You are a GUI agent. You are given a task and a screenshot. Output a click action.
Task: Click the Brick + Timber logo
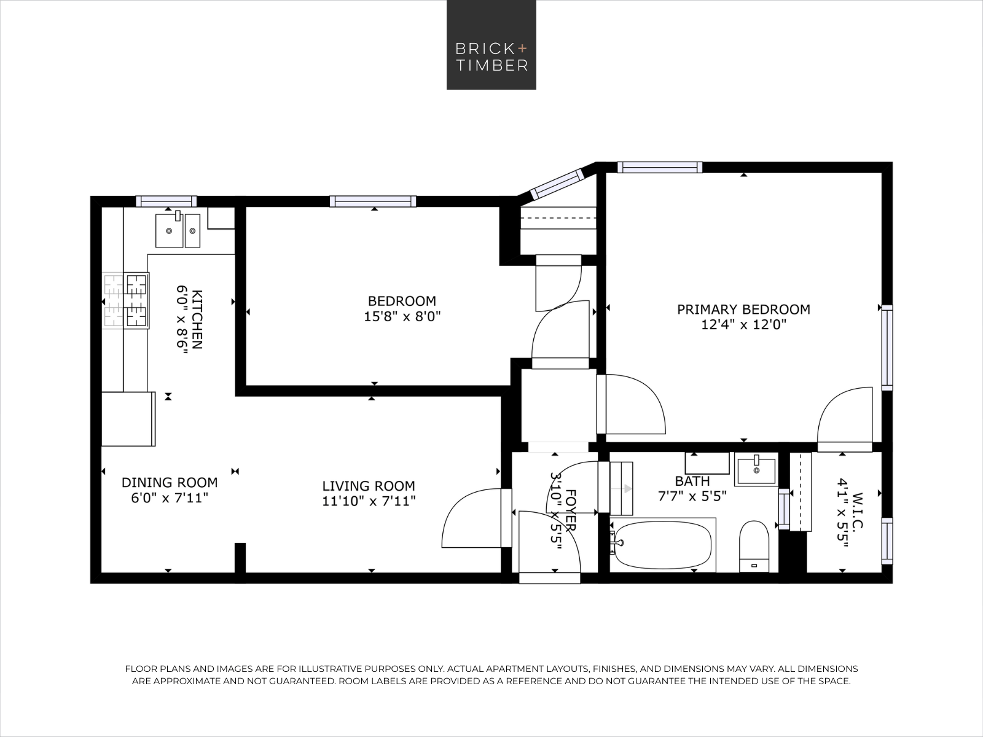point(491,45)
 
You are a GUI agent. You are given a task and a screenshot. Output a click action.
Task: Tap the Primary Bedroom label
point(743,310)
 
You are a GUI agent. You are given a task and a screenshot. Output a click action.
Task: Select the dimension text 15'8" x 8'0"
point(402,317)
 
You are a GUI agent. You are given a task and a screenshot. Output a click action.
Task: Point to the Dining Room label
point(170,482)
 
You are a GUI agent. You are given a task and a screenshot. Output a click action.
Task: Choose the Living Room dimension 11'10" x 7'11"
point(369,501)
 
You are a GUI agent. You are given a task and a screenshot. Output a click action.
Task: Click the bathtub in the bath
point(663,545)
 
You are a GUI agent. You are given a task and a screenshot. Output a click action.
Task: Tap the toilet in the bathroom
point(754,547)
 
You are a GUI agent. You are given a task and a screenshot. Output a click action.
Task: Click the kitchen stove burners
point(126,301)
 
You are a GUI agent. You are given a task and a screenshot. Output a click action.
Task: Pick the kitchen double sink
point(178,230)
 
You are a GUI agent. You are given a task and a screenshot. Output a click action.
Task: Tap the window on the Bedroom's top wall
point(373,201)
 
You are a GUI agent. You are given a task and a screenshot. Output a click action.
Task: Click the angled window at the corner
point(558,184)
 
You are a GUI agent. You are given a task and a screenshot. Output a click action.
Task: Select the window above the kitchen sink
point(166,201)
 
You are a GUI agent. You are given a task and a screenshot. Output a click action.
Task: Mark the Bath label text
point(692,481)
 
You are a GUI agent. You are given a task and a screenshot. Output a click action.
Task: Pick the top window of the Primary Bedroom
point(660,167)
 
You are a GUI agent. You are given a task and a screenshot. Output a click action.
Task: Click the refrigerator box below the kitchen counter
point(128,419)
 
